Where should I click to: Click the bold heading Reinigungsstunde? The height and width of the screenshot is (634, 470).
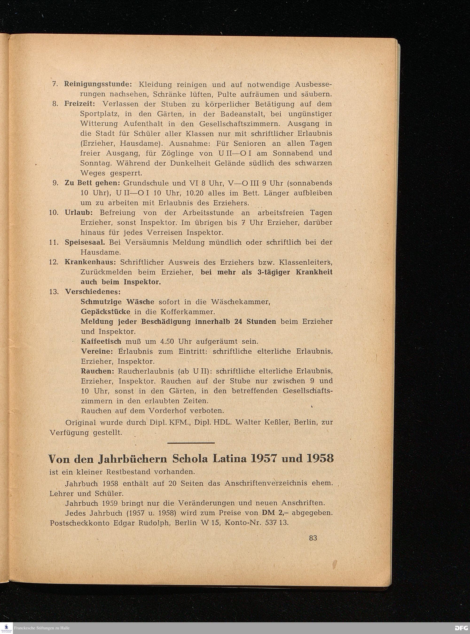[98, 85]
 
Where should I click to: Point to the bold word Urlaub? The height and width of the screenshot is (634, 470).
[81, 213]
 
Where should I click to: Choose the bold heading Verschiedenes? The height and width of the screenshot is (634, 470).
[93, 292]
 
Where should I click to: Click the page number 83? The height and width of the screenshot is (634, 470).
[313, 538]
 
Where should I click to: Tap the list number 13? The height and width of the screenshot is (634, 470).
[54, 292]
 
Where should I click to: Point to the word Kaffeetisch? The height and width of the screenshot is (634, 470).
[101, 341]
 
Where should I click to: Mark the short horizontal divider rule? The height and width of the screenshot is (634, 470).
[191, 443]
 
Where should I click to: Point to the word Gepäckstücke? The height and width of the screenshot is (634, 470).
[106, 312]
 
